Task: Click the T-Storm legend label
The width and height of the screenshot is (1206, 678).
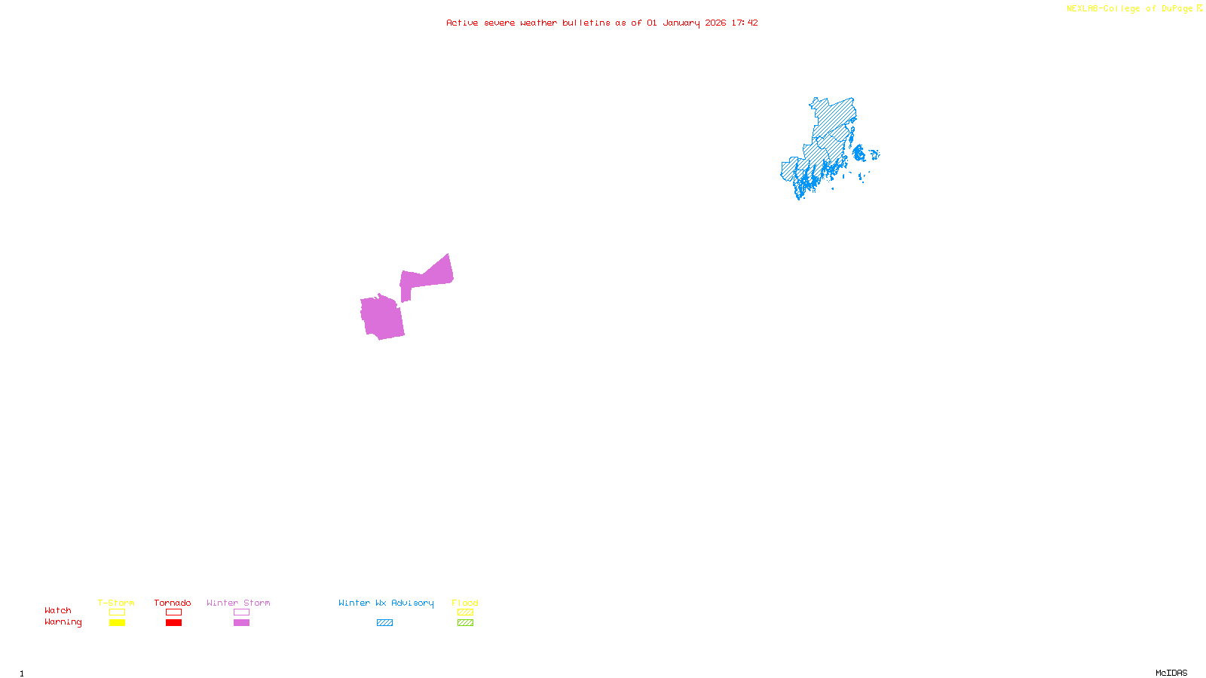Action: pyautogui.click(x=116, y=603)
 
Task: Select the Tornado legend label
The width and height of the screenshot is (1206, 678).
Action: pyautogui.click(x=173, y=603)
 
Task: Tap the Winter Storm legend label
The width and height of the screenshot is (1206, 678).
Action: pyautogui.click(x=238, y=603)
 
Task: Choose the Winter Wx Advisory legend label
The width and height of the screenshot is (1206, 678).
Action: pyautogui.click(x=386, y=603)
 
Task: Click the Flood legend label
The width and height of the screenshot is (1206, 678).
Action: pyautogui.click(x=465, y=603)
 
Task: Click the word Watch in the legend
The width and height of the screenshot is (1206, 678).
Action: pyautogui.click(x=58, y=611)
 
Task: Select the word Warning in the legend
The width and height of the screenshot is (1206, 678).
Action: pyautogui.click(x=63, y=622)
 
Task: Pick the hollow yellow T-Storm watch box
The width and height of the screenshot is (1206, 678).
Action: pyautogui.click(x=117, y=612)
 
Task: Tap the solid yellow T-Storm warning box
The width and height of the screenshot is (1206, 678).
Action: pyautogui.click(x=117, y=623)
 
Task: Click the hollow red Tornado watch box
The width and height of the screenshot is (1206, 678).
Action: pyautogui.click(x=173, y=612)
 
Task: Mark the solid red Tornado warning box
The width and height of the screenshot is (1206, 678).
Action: pyautogui.click(x=173, y=623)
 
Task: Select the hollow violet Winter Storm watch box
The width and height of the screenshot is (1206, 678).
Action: pyautogui.click(x=241, y=612)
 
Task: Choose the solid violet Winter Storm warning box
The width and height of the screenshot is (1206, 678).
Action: pyautogui.click(x=241, y=623)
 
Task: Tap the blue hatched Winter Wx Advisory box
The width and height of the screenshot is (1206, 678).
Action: pyautogui.click(x=384, y=623)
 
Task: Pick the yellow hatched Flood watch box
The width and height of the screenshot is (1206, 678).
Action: pyautogui.click(x=465, y=612)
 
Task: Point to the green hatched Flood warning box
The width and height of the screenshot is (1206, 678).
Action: pyautogui.click(x=465, y=623)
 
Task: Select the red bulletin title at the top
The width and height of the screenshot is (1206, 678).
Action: pyautogui.click(x=602, y=23)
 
